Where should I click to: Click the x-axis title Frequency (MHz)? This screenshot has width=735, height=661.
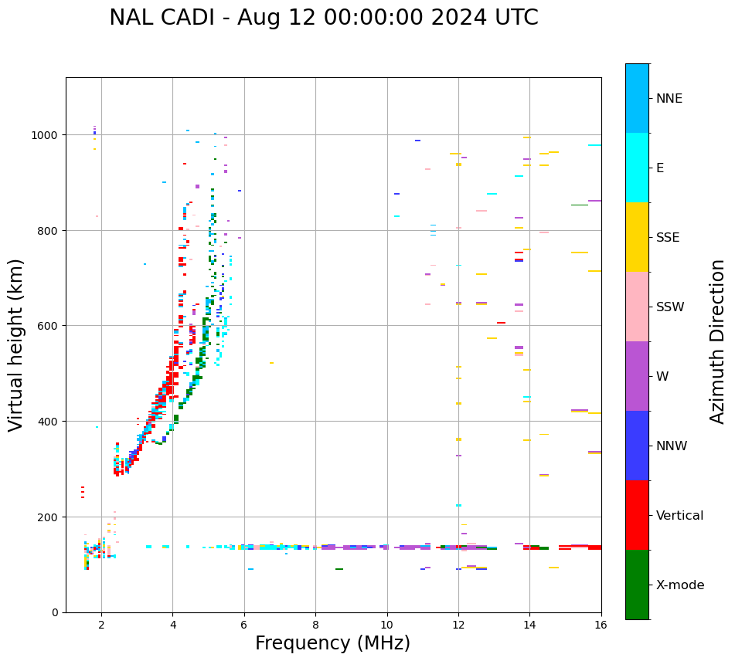(332, 643)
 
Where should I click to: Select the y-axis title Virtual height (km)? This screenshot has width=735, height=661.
(16, 344)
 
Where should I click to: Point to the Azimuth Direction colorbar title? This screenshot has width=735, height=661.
(718, 341)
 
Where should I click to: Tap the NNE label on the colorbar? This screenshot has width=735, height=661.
(669, 98)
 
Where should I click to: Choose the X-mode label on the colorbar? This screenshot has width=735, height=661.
(680, 585)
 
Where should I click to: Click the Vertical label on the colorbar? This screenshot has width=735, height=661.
(680, 516)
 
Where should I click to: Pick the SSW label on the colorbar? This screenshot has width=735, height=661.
(670, 307)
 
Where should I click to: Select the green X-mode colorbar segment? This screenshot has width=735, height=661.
(637, 585)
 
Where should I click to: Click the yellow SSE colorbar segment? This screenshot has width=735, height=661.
(637, 237)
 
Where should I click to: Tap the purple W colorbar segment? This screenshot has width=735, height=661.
(637, 376)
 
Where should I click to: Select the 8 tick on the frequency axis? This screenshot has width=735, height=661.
(315, 624)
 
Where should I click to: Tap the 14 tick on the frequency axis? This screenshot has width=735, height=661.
(529, 624)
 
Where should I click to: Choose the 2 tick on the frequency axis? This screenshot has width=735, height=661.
(101, 624)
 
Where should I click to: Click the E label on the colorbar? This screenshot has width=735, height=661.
(660, 168)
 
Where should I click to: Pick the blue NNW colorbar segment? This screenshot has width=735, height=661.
(637, 446)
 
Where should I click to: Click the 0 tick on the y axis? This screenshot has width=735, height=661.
(56, 612)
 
